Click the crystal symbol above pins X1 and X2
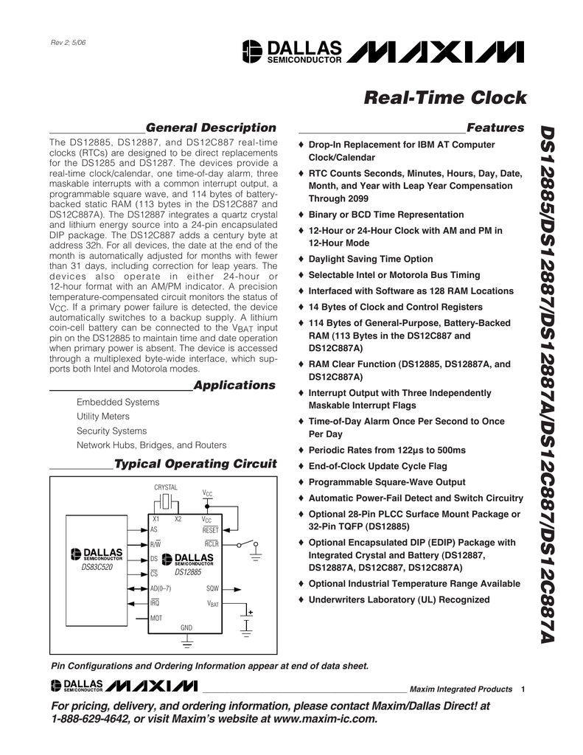pos(166,502)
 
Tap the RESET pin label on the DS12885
pos(211,529)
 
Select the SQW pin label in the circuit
pos(212,588)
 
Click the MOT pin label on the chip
pos(156,618)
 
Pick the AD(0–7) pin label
pos(161,588)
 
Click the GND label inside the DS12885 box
pos(186,627)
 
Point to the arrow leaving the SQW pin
pos(233,588)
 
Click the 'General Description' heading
pos(211,128)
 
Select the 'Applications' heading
pos(234,385)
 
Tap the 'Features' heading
pos(500,128)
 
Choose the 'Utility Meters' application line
pos(102,417)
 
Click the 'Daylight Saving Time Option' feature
pos(371,259)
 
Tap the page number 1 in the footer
pos(522,689)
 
